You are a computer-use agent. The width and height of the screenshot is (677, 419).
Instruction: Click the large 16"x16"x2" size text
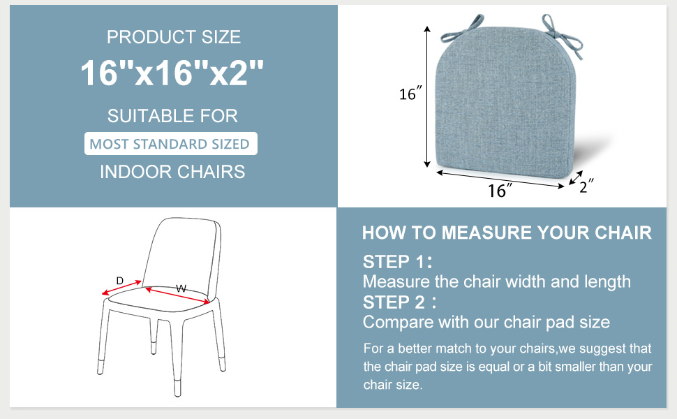pyautogui.click(x=172, y=73)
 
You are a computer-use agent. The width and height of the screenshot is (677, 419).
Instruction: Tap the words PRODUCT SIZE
pyautogui.click(x=173, y=36)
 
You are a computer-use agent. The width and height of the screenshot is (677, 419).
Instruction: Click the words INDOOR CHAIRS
pyautogui.click(x=172, y=171)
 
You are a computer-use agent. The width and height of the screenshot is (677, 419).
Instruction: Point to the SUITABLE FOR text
pyautogui.click(x=172, y=115)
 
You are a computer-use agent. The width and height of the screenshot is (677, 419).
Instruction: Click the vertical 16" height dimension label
pyautogui.click(x=411, y=94)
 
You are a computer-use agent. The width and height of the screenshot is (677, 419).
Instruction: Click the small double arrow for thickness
pyautogui.click(x=575, y=178)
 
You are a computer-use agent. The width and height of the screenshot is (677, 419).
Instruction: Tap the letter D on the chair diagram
pyautogui.click(x=119, y=281)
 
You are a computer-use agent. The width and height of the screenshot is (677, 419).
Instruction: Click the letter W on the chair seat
pyautogui.click(x=181, y=288)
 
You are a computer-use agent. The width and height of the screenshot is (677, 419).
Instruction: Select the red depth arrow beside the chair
pyautogui.click(x=121, y=288)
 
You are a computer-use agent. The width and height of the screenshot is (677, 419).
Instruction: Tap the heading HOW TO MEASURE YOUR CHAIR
pyautogui.click(x=507, y=233)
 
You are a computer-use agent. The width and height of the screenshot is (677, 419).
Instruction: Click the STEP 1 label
pyautogui.click(x=396, y=263)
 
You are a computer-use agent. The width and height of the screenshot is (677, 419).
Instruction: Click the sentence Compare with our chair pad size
pyautogui.click(x=486, y=322)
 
